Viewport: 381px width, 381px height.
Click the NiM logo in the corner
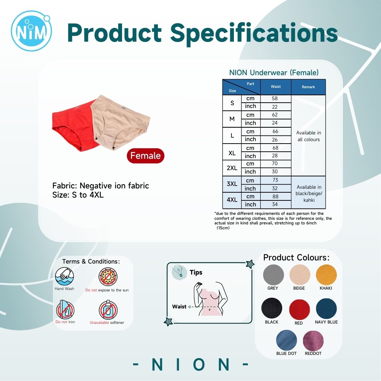tap(31, 31)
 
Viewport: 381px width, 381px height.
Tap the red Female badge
tap(146, 156)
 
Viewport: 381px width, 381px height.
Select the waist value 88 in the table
tap(275, 196)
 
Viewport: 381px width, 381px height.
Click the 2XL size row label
tap(232, 168)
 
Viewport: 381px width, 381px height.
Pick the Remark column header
tap(308, 87)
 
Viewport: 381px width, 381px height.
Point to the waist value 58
tap(275, 98)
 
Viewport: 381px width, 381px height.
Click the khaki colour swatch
tap(326, 275)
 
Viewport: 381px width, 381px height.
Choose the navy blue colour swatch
tap(326, 308)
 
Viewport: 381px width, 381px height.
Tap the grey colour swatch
tap(273, 275)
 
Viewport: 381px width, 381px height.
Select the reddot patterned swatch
tap(313, 340)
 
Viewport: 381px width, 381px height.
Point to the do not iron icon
tap(65, 309)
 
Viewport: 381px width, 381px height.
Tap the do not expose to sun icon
tap(108, 277)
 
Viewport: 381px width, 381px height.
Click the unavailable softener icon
tap(108, 310)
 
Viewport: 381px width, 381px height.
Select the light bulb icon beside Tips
tap(179, 271)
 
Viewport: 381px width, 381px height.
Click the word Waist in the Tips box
tap(179, 307)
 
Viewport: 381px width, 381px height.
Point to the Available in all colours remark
tap(309, 136)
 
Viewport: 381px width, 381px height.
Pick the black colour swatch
tap(272, 308)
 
